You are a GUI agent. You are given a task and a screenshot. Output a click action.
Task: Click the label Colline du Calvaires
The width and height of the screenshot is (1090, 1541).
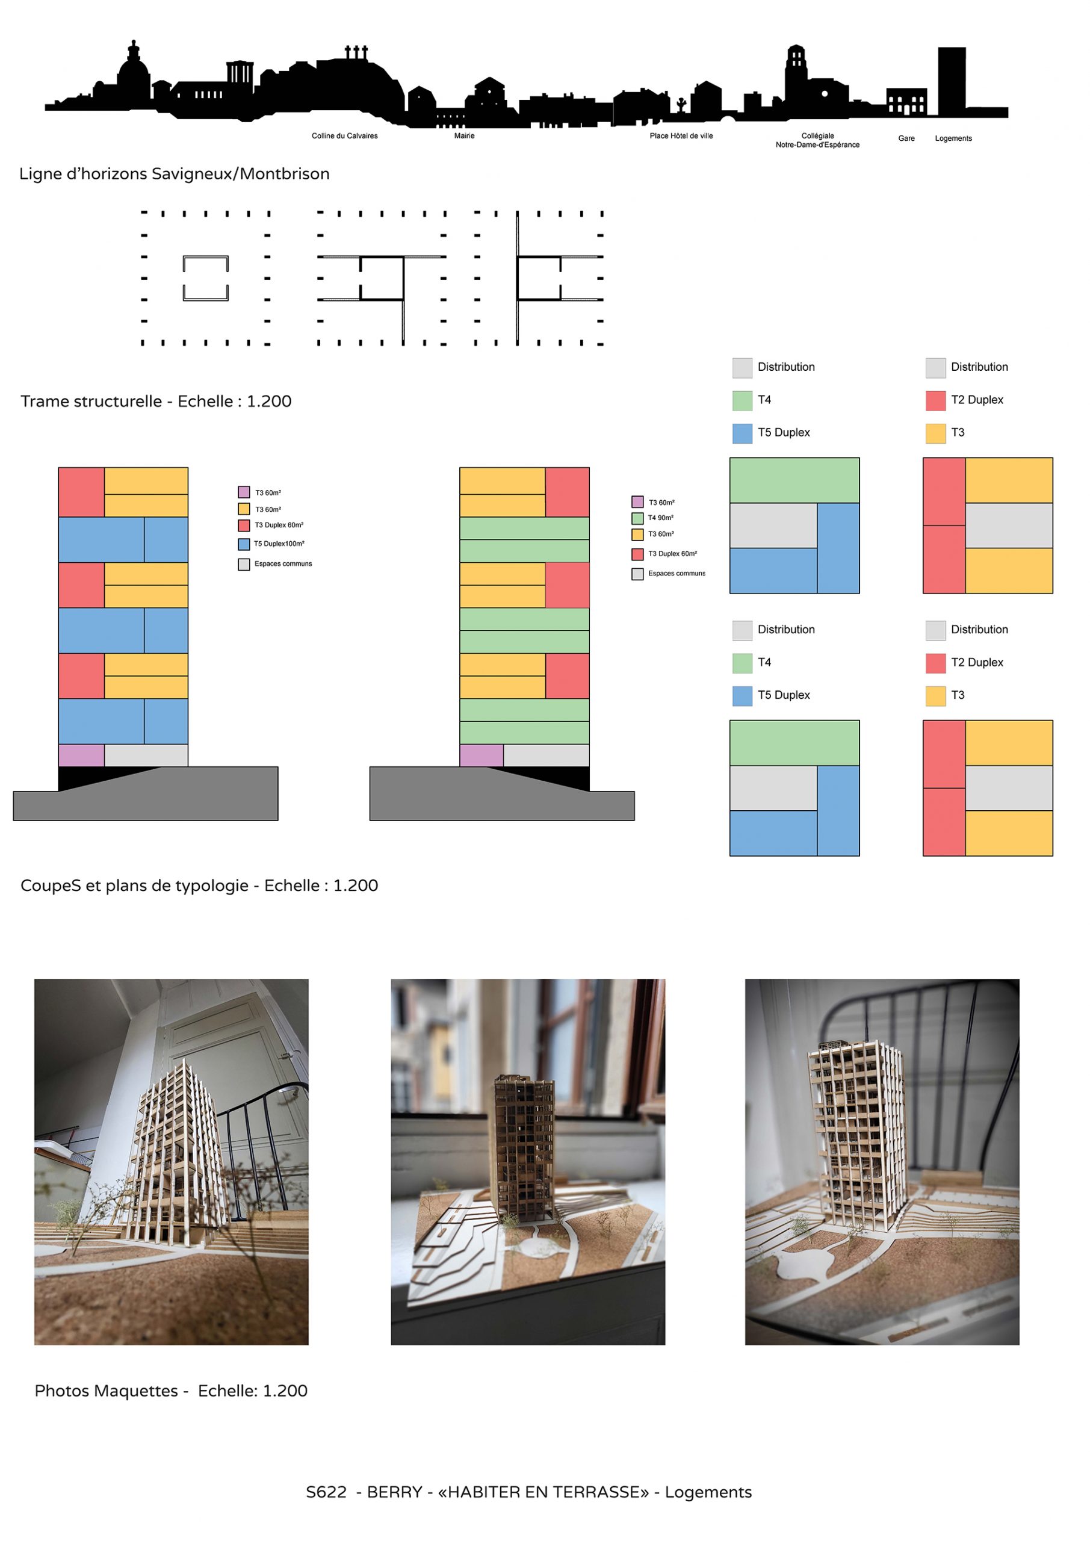pyautogui.click(x=344, y=136)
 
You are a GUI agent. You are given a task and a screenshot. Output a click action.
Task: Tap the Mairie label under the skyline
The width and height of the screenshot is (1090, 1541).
pyautogui.click(x=464, y=136)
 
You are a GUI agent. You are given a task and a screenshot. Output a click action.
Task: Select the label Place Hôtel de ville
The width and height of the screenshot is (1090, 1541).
pyautogui.click(x=681, y=136)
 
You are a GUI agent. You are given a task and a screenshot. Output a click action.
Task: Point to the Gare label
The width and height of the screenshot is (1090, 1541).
pyautogui.click(x=906, y=139)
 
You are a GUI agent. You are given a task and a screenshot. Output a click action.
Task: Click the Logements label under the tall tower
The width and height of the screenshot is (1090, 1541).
pyautogui.click(x=953, y=139)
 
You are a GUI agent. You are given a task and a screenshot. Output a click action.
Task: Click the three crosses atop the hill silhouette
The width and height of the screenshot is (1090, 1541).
pyautogui.click(x=356, y=52)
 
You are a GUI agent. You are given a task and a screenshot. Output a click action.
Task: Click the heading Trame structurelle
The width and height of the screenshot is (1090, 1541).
pyautogui.click(x=91, y=402)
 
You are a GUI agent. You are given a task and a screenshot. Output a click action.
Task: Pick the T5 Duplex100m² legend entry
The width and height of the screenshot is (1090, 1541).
pyautogui.click(x=278, y=544)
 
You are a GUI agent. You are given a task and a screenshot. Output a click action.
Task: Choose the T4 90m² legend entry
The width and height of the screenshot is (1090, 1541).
pyautogui.click(x=660, y=518)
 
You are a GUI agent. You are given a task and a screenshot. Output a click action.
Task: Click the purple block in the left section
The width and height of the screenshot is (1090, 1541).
pyautogui.click(x=81, y=755)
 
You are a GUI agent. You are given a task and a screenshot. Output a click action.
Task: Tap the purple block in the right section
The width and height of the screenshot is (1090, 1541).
pyautogui.click(x=482, y=755)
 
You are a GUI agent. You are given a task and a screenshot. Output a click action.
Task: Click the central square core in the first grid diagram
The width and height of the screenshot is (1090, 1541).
pyautogui.click(x=205, y=278)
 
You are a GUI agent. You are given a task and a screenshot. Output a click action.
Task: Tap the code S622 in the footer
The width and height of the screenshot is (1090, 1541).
pyautogui.click(x=326, y=1492)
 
